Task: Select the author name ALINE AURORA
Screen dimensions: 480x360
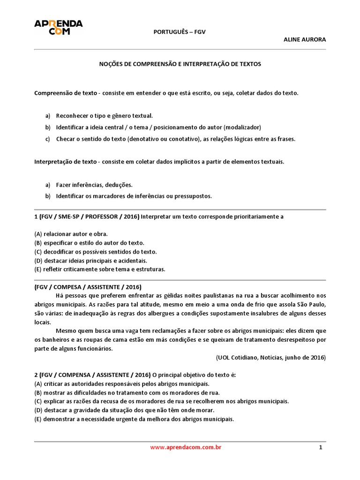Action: (305, 39)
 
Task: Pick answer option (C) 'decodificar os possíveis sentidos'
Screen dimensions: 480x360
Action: (96, 252)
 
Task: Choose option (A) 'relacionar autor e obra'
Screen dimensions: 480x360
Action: (71, 233)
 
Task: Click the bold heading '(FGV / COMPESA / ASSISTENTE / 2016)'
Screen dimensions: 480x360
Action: (88, 287)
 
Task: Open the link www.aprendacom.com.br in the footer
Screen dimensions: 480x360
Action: (186, 447)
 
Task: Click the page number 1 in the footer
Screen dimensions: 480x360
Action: (321, 447)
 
